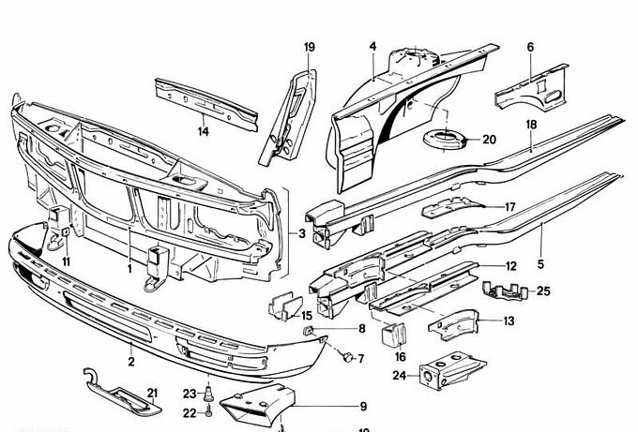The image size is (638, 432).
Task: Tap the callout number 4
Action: [372, 46]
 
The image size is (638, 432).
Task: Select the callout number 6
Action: [530, 46]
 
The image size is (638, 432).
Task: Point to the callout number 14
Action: [203, 131]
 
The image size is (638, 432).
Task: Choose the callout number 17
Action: [510, 207]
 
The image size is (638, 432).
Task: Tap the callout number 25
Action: [543, 291]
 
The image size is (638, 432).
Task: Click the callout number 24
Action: [398, 376]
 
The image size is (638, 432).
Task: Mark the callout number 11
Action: [66, 260]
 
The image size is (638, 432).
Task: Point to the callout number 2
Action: [131, 359]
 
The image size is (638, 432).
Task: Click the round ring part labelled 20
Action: [445, 141]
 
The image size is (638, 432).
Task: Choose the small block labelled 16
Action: [394, 334]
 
